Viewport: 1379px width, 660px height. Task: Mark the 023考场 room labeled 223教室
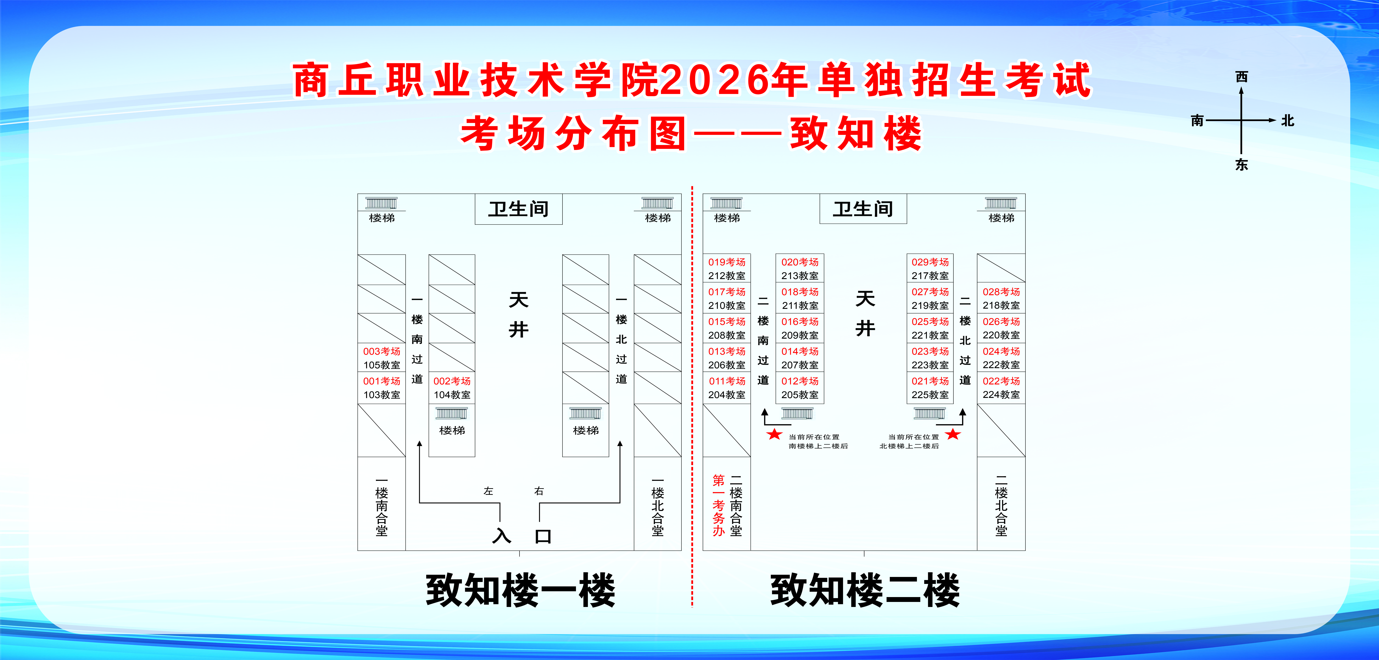tap(930, 358)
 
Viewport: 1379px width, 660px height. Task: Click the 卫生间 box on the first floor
tap(518, 209)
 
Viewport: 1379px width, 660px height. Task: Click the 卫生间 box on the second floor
tap(863, 209)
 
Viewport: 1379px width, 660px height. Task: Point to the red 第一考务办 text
tap(718, 505)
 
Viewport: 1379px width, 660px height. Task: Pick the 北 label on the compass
tap(1287, 121)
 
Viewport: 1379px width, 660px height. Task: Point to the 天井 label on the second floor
tap(865, 313)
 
